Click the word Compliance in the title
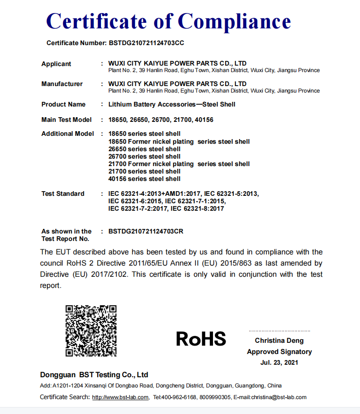pos(234,21)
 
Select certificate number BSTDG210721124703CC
pos(147,43)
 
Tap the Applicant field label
pos(56,64)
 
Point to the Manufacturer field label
pos(62,84)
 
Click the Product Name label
pos(63,104)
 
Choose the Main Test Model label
pos(67,120)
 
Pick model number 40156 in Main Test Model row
pos(204,120)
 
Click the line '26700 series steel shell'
pos(144,156)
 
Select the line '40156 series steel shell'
pos(144,179)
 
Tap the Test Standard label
pos(63,194)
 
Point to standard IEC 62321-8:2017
pos(197,208)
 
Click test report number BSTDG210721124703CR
pos(146,231)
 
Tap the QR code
pos(91,330)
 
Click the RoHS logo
pos(201,339)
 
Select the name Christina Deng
pos(279,341)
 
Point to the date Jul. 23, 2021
pos(279,362)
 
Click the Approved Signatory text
pos(279,352)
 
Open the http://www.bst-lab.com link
pos(120,397)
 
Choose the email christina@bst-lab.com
pos(279,397)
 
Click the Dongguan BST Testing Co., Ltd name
pos(94,374)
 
